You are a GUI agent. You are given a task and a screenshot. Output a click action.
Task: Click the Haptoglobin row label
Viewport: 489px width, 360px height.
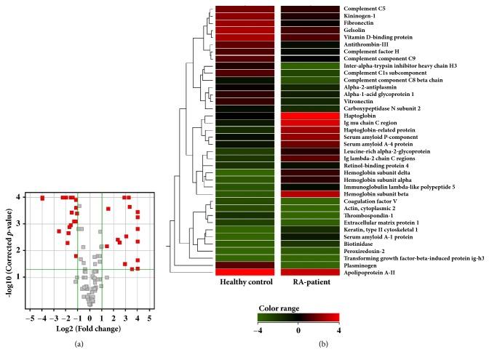(362, 116)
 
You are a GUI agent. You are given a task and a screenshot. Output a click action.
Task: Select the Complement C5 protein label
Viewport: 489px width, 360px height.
(367, 9)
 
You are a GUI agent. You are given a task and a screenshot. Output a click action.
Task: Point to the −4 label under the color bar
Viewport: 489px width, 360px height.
(259, 329)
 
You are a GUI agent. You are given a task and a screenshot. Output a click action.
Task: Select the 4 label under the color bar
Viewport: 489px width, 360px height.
(337, 329)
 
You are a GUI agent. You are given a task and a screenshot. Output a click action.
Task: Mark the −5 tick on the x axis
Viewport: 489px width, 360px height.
(29, 318)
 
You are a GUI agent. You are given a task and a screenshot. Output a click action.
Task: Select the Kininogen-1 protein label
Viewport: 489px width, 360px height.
(361, 15)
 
